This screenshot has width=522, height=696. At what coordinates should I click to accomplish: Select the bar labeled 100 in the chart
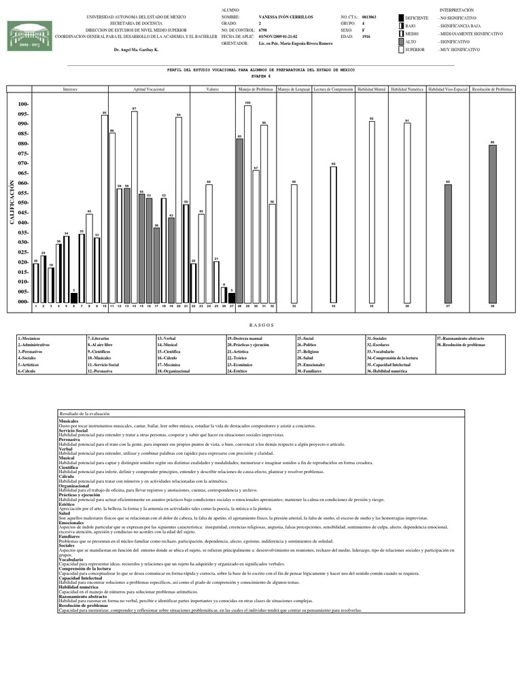[x=247, y=204]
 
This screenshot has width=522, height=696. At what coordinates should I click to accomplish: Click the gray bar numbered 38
[x=492, y=224]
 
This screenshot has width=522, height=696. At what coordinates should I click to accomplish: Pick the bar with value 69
[x=333, y=234]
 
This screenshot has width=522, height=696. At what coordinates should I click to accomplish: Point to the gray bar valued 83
[x=239, y=221]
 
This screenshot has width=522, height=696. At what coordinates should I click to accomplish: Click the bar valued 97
[x=135, y=207]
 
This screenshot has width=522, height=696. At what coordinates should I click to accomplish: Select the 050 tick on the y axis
[x=22, y=203]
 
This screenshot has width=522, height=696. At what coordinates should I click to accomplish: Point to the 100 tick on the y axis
[x=22, y=104]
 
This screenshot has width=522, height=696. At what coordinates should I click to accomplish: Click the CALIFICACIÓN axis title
[x=12, y=203]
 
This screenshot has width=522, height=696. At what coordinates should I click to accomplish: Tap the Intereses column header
[x=70, y=89]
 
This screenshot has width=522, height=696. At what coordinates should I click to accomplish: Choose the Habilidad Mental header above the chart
[x=371, y=89]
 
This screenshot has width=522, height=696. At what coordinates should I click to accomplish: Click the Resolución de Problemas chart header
[x=492, y=89]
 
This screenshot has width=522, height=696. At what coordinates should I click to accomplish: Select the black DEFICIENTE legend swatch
[x=400, y=17]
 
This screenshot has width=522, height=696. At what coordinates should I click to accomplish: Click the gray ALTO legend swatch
[x=400, y=41]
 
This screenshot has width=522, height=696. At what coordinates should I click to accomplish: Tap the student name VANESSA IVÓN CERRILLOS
[x=286, y=17]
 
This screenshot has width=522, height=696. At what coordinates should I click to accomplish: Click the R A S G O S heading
[x=260, y=326]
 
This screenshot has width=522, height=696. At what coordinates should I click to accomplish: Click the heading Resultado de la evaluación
[x=89, y=413]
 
